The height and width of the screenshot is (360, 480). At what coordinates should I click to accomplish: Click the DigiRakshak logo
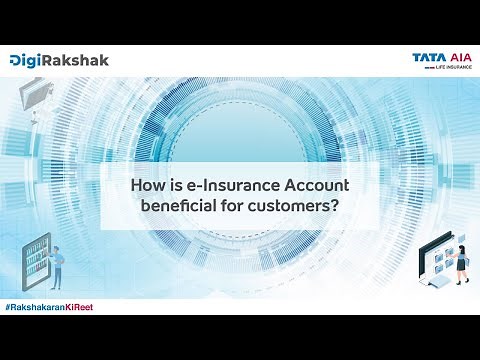coord(59,60)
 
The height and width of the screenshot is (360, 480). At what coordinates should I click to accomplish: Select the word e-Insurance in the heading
coord(219,186)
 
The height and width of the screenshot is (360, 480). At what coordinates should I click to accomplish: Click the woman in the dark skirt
coord(461,259)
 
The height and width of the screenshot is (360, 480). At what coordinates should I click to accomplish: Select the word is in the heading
coord(174,186)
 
